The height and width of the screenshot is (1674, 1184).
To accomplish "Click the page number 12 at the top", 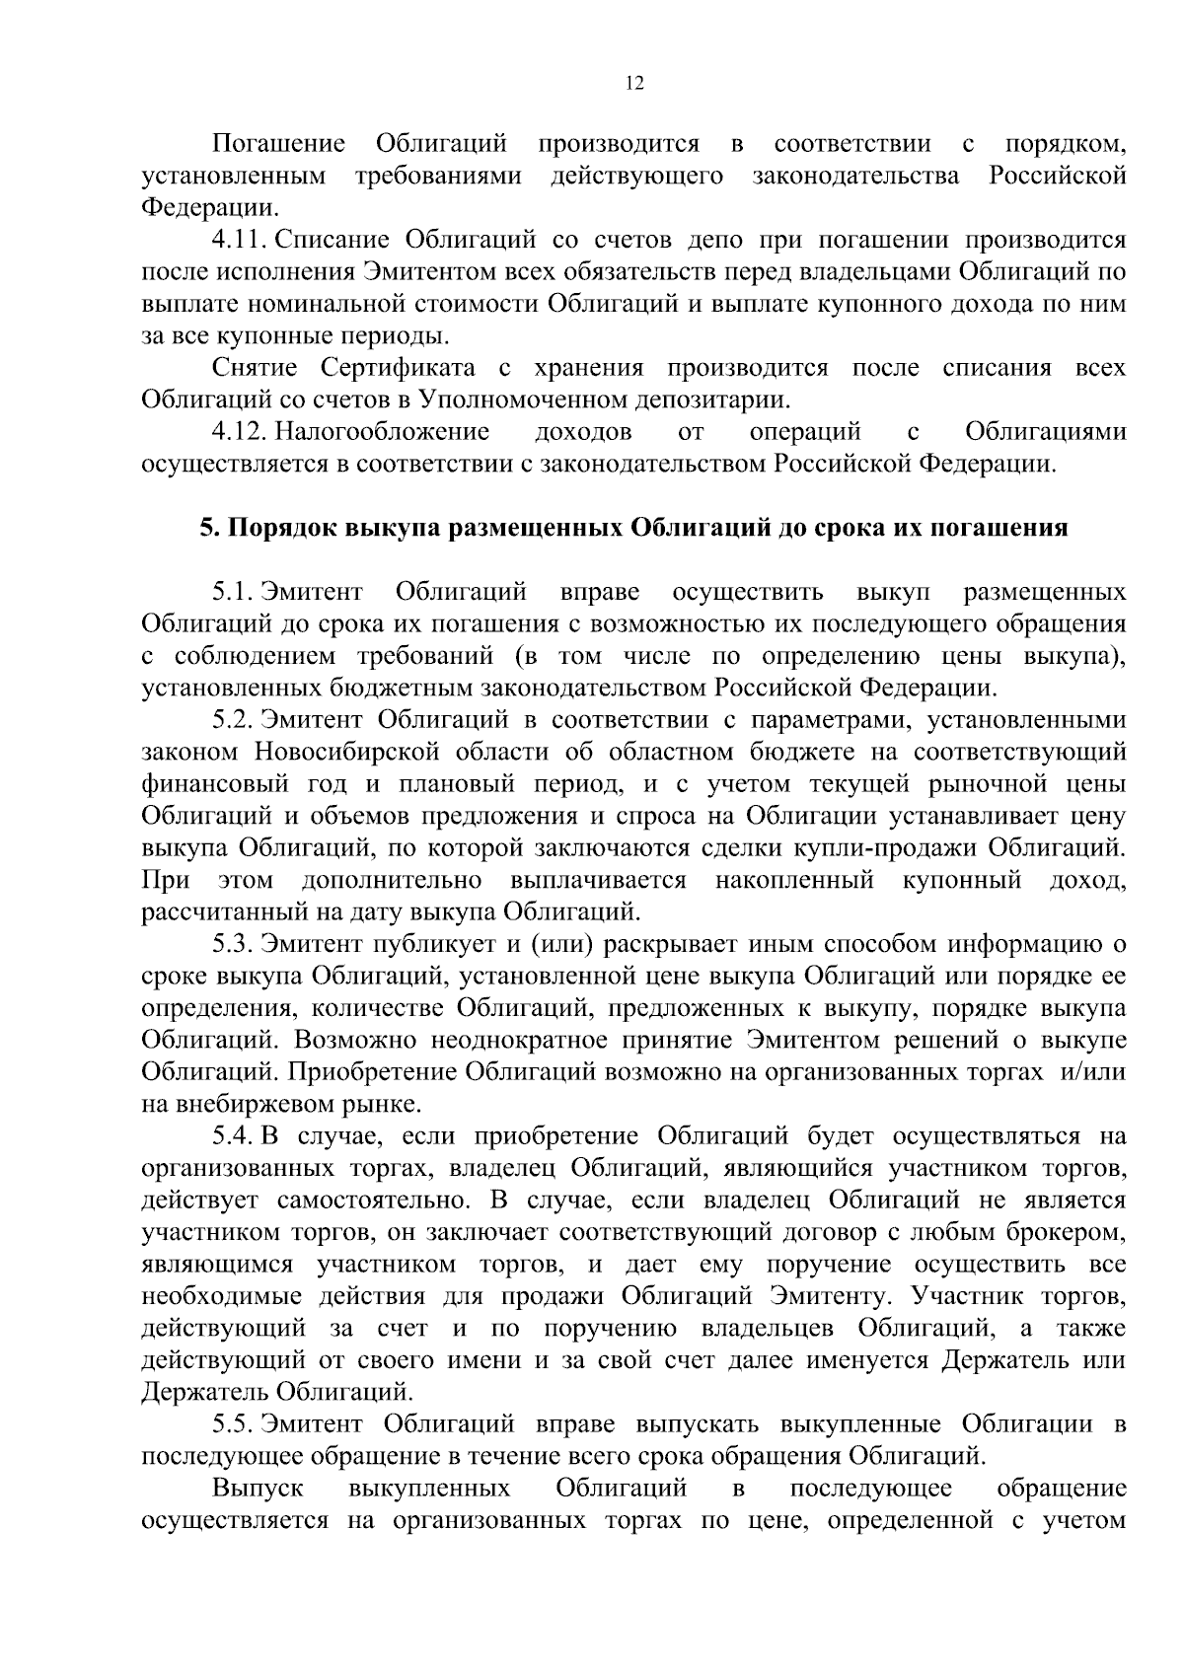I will coord(634,84).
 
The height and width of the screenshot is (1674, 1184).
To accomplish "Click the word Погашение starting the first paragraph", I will coord(279,145).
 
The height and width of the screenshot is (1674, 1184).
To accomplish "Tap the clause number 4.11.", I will coord(237,240).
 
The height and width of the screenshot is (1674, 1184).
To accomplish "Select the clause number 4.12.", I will coord(237,431).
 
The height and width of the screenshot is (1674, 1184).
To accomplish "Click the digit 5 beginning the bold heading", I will coord(207,528).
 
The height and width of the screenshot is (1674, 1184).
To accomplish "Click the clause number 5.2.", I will coord(233,719).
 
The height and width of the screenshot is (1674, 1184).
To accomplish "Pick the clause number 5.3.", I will coord(233,944).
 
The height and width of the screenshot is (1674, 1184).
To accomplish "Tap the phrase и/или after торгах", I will coord(1092,1072).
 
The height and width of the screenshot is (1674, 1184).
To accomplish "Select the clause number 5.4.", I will coord(233,1136).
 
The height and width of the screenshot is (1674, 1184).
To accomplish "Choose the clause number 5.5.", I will coord(233,1424).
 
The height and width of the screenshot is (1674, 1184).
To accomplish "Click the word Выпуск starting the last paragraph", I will coord(258,1488).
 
